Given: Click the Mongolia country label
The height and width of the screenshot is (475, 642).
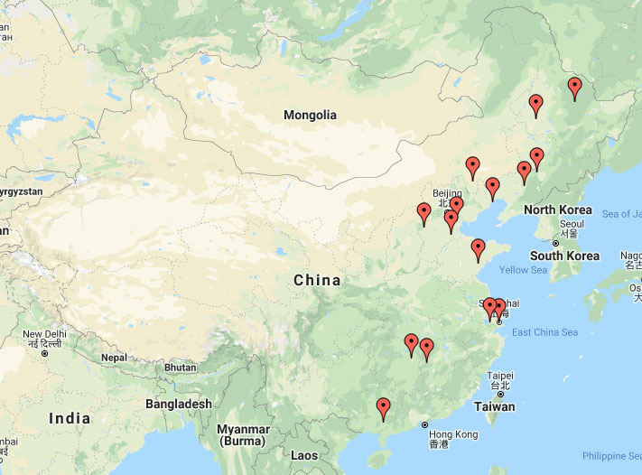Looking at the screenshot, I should click(x=310, y=115).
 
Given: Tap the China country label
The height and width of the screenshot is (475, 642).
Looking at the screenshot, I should click(x=317, y=280).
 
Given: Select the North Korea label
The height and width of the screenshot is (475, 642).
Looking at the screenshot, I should click(x=557, y=210).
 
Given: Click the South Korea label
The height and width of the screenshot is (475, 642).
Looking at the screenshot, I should click(x=564, y=256).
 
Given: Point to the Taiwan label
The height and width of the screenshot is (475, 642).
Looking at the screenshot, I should click(x=494, y=406).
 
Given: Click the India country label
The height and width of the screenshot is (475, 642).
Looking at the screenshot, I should click(x=70, y=418).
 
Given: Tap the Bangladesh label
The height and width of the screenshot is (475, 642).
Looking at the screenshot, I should click(x=178, y=404).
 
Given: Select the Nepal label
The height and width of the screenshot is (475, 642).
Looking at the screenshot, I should click(x=113, y=358).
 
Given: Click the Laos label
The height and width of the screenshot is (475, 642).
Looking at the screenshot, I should click(x=304, y=456).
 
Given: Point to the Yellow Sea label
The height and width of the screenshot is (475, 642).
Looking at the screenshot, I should click(x=524, y=270).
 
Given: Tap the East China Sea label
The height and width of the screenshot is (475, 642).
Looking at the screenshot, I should click(x=544, y=332).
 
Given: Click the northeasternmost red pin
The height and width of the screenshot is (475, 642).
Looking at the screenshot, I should click(x=574, y=88).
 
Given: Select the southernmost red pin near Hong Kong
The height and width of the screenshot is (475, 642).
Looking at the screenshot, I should click(x=383, y=409).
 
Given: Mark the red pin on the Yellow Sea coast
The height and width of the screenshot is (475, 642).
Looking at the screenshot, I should click(x=478, y=249).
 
